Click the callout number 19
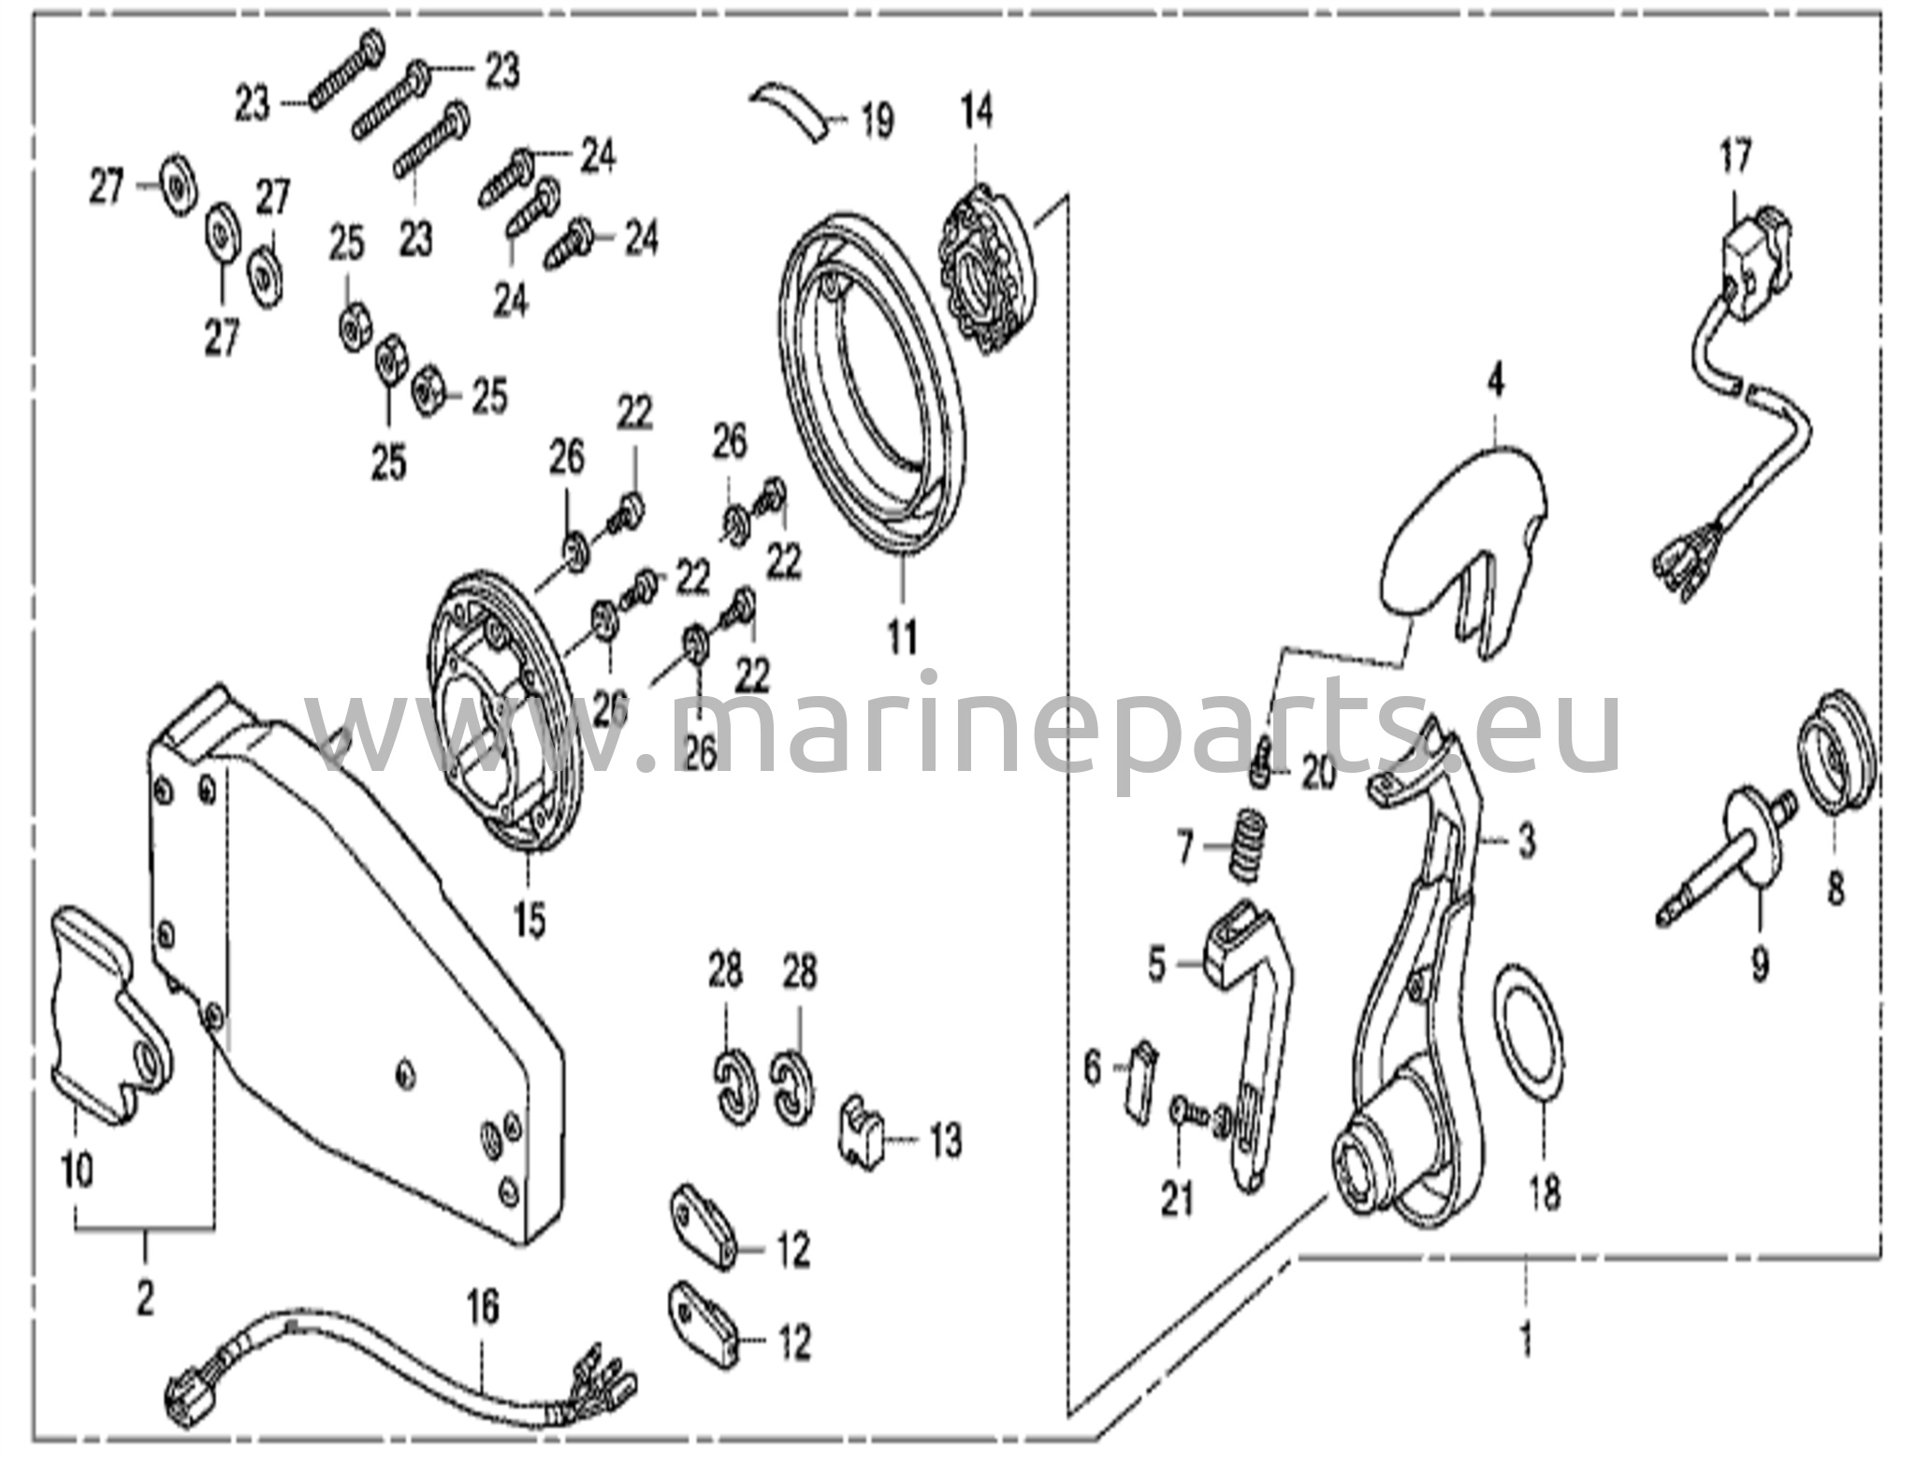[877, 123]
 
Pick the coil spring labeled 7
[1248, 846]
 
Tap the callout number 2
[145, 1299]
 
